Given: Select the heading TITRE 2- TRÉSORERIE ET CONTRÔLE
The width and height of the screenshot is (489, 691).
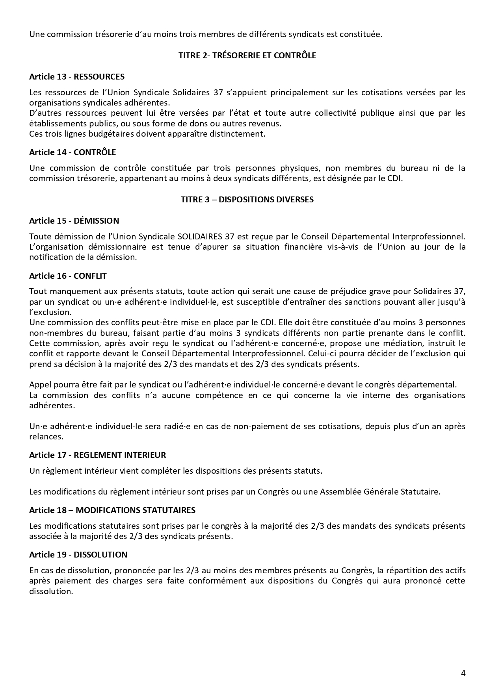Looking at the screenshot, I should (247, 56).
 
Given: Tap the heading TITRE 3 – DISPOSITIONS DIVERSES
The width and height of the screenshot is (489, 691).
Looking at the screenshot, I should (247, 200).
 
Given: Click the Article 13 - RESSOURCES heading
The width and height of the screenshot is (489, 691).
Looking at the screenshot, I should (77, 76).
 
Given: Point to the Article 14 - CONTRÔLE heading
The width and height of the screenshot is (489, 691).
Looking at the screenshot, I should (73, 152).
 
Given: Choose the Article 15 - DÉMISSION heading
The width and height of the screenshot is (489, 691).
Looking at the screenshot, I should (74, 220).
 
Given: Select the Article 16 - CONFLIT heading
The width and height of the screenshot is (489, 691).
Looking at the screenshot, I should (68, 276).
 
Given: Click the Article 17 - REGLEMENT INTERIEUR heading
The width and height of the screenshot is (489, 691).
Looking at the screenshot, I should (97, 455).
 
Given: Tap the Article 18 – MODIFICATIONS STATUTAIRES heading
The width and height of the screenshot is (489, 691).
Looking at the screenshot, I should (112, 510).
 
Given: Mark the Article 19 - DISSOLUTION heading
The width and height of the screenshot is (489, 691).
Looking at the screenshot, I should (78, 555).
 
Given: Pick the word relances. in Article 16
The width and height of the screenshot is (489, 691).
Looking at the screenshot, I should (46, 437).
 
